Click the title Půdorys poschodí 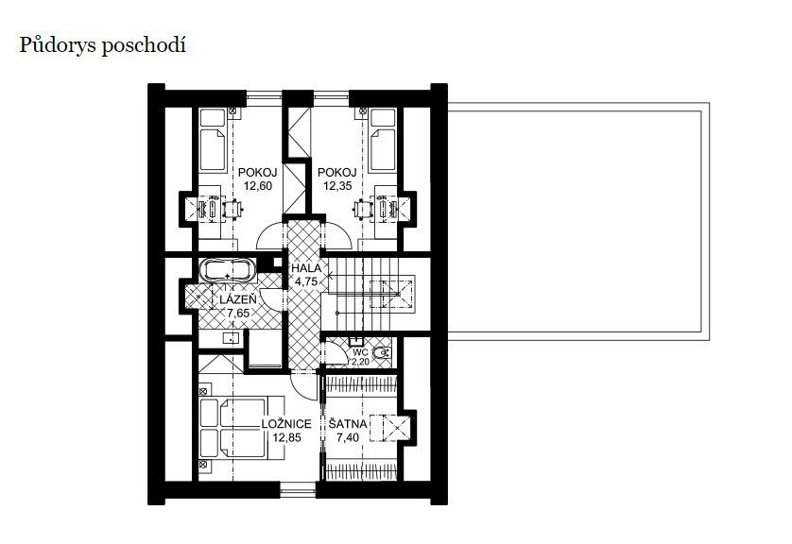102,46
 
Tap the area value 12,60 258,186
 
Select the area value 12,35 337,186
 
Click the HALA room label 306,268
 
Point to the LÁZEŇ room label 238,299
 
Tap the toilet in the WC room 383,351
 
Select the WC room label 360,351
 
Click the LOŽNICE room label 286,424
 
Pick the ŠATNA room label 348,424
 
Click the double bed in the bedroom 241,428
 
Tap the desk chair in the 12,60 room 232,208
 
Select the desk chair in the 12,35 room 363,208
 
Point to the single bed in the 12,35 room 383,141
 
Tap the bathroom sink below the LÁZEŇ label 232,338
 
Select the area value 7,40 348,437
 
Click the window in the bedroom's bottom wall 298,488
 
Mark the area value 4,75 306,281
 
